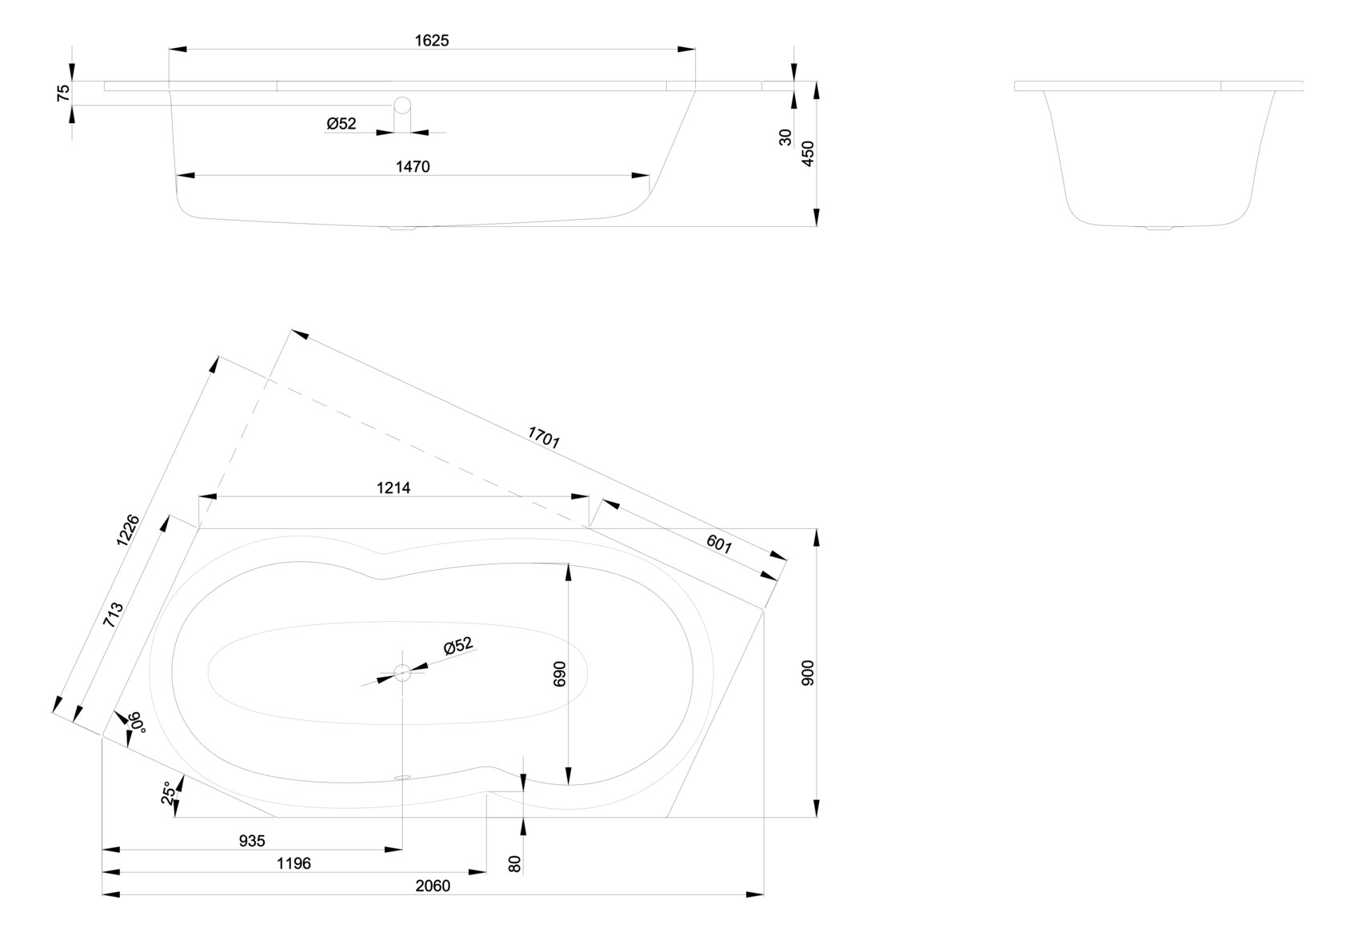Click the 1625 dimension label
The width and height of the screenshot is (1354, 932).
pos(431,41)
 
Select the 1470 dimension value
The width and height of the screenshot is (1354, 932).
pos(413,166)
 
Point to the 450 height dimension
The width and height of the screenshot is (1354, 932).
pos(808,153)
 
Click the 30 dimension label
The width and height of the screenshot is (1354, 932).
pos(785,137)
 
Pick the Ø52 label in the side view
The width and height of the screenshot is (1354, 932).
pos(341,124)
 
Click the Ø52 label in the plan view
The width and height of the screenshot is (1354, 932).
pos(458,646)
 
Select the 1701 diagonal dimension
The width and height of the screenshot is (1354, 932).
pos(544,436)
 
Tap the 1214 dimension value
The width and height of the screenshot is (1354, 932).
pos(393,488)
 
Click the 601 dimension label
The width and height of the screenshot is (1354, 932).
pos(719,544)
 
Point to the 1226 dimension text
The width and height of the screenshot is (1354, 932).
pos(128,530)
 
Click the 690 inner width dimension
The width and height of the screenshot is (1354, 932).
pos(559,673)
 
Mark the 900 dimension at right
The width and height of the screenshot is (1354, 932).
pos(808,673)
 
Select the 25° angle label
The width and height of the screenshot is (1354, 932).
pos(167,793)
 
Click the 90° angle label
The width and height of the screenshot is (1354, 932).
pos(136,722)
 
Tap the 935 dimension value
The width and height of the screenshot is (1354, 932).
pos(252,841)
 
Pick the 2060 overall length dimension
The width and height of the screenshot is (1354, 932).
pos(433,886)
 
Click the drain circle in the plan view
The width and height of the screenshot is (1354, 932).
pos(402,673)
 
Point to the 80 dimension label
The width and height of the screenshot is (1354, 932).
pos(515,863)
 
